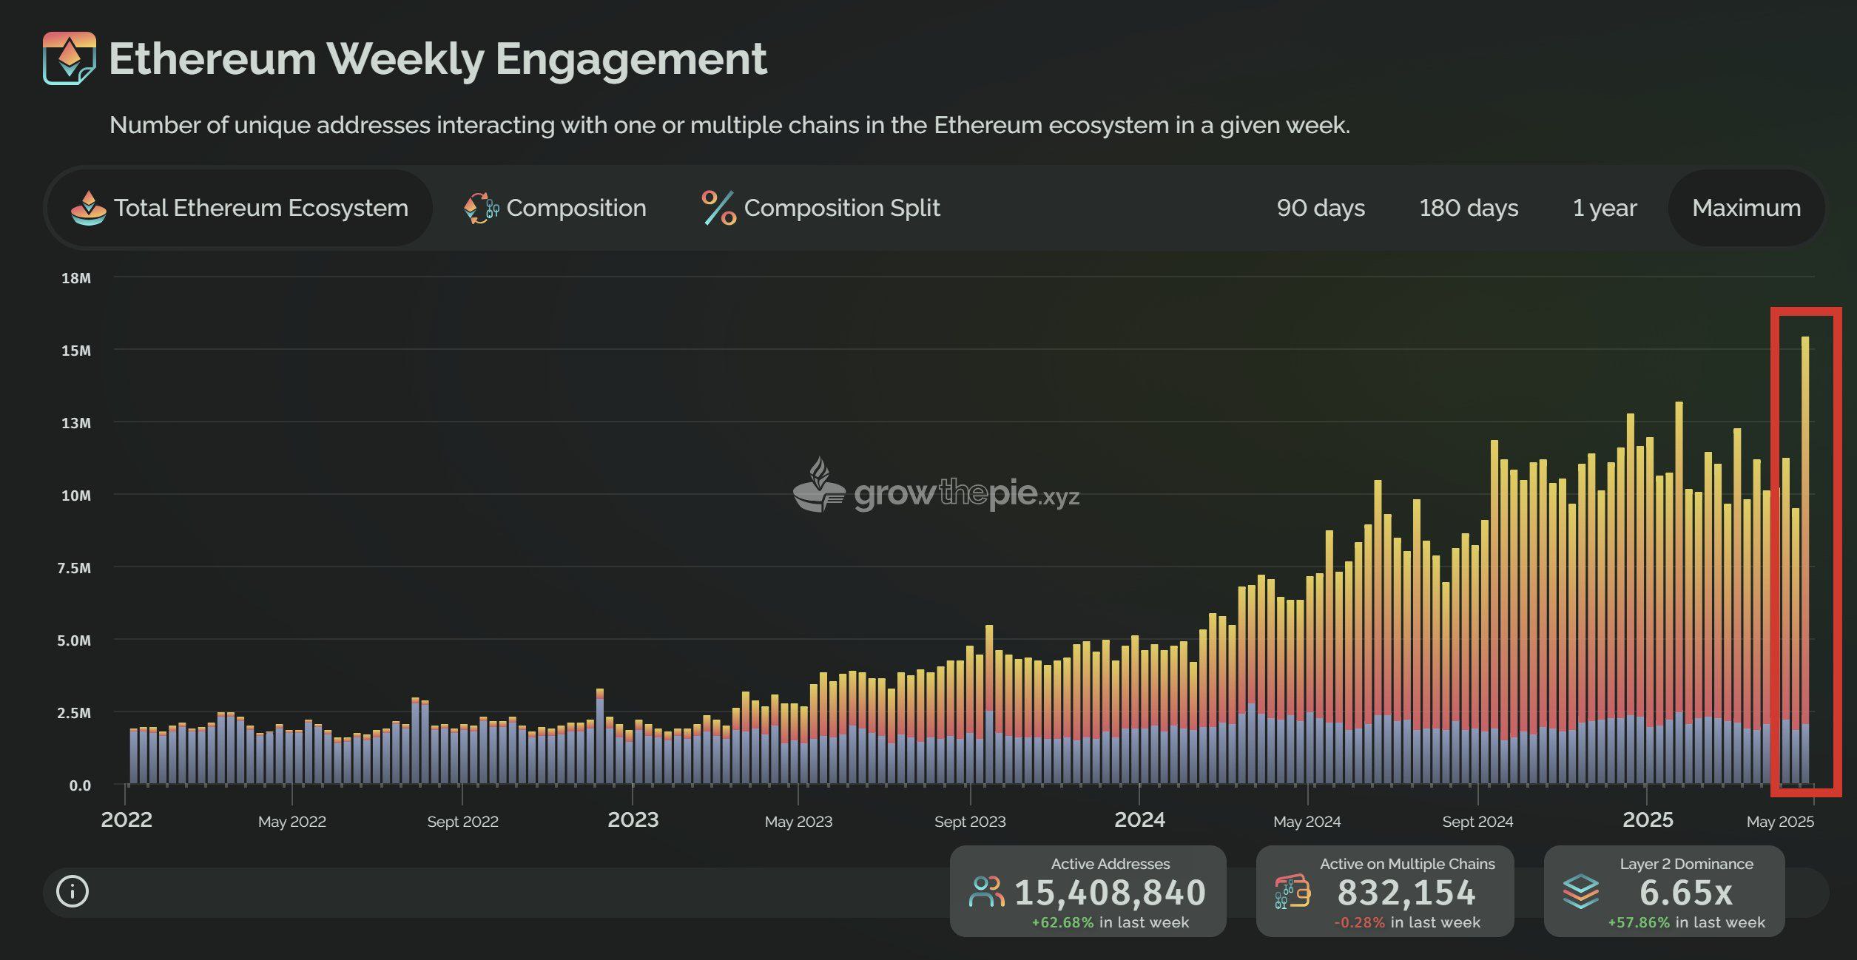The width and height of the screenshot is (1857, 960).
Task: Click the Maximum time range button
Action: (1746, 208)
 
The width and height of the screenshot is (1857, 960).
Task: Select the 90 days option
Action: (1321, 208)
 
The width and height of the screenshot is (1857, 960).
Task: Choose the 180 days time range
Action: (1469, 208)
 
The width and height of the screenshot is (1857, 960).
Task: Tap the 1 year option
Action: (1604, 208)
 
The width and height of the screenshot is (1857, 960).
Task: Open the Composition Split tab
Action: (821, 208)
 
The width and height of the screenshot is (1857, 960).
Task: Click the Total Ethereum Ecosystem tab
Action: (240, 208)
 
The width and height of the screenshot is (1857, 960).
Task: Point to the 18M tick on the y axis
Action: (76, 278)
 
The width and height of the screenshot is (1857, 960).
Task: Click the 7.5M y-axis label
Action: (74, 568)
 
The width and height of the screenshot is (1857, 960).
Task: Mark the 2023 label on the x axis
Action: (633, 819)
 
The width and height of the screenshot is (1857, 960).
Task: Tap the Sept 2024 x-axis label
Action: (1477, 821)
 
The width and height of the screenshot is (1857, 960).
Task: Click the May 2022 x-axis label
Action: (291, 821)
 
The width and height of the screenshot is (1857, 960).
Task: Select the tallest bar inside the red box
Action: (1805, 562)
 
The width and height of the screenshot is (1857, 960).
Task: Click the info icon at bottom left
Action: (73, 891)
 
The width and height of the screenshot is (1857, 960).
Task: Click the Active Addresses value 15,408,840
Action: (1110, 892)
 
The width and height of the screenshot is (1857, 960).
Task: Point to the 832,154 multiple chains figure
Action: (1406, 892)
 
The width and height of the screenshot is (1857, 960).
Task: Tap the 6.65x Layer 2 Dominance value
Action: (1685, 892)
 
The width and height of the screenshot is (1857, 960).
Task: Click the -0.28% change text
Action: (1359, 922)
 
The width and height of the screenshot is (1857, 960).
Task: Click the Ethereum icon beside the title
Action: (69, 58)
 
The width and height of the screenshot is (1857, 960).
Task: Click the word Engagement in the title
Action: (631, 58)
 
